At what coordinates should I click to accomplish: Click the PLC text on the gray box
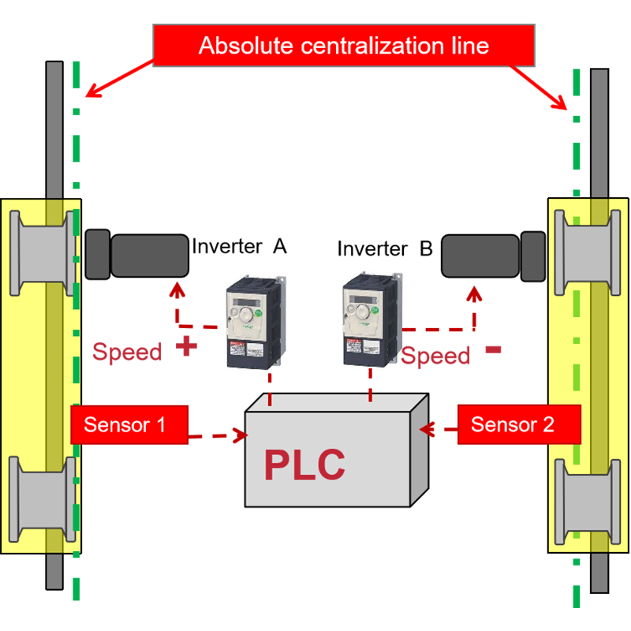point(304,465)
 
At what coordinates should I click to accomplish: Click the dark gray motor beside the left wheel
point(137,255)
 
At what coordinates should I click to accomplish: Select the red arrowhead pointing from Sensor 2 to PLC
point(431,429)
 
